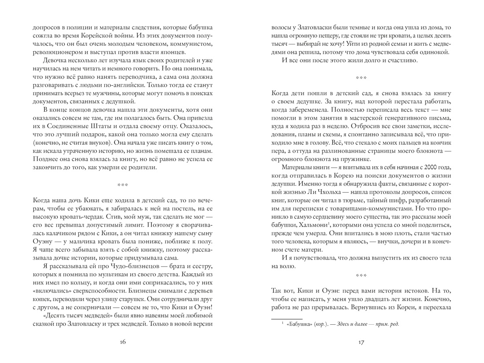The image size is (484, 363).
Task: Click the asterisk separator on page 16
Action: (x=123, y=183)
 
